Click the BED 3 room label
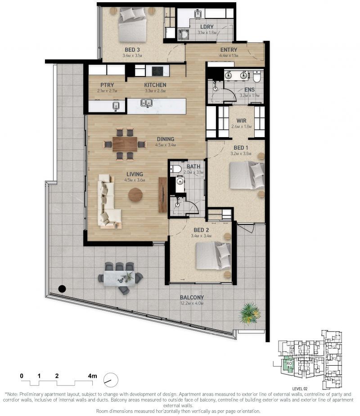(132, 50)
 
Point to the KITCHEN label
(155, 85)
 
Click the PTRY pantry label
(107, 85)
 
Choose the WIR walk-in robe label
(242, 121)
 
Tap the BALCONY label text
(192, 297)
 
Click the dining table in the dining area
(125, 144)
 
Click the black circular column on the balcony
(63, 289)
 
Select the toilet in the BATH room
(176, 169)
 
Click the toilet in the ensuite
(256, 77)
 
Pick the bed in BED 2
(213, 256)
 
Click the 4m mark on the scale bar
(92, 375)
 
